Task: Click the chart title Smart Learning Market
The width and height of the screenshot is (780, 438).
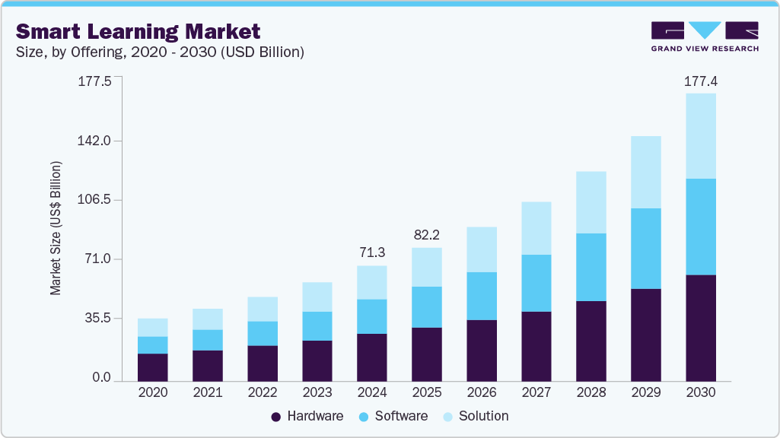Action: (x=138, y=31)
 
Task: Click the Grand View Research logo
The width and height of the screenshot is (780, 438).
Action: (x=705, y=36)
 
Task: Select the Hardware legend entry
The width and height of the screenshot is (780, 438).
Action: (x=307, y=416)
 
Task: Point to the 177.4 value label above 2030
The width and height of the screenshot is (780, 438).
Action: (x=701, y=81)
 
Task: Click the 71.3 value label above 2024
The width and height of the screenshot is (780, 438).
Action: (x=372, y=252)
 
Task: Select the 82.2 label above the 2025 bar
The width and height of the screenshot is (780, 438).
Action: (x=427, y=235)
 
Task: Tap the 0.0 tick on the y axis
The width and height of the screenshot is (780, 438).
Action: (x=101, y=378)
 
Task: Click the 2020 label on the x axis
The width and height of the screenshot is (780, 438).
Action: (x=152, y=392)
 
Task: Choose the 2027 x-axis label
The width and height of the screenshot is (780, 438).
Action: (x=536, y=392)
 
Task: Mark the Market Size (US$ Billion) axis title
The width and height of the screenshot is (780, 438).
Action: (x=56, y=228)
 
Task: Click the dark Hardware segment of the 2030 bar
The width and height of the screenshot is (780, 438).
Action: (x=701, y=328)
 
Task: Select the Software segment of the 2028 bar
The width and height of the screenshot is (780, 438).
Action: (x=591, y=267)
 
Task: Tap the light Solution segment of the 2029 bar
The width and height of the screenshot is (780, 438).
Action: (x=646, y=172)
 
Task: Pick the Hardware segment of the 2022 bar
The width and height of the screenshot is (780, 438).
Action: (x=263, y=363)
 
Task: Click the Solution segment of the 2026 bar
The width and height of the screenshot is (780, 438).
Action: (x=482, y=249)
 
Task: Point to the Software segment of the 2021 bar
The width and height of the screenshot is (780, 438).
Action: (x=208, y=340)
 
